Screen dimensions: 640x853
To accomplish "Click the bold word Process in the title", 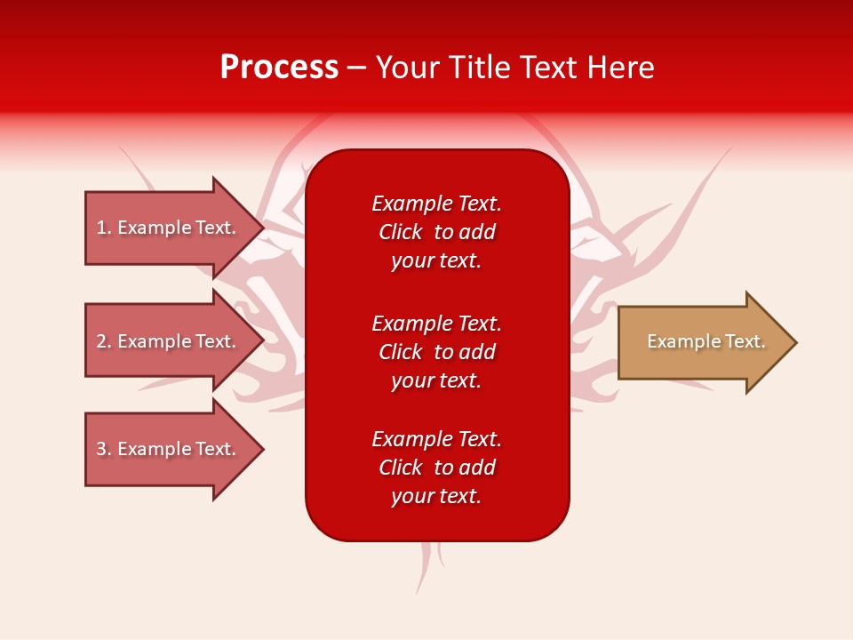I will tap(279, 68).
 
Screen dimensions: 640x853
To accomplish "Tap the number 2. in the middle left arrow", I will tap(104, 341).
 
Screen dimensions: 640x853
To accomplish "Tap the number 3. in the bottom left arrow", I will tap(104, 449).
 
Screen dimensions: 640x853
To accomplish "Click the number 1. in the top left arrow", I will tap(104, 228).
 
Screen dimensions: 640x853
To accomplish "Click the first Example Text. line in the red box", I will tap(436, 204).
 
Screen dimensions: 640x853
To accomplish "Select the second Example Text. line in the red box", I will tap(436, 323).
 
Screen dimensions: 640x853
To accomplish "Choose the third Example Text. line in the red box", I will tap(436, 439).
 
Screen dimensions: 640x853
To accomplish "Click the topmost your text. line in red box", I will tap(436, 260).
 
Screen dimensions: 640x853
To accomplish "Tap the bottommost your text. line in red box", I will tap(436, 496).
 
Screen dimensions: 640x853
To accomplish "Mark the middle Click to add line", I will tap(436, 352).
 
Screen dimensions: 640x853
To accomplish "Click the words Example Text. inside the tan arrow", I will tap(706, 341).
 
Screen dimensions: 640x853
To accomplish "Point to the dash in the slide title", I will tap(356, 68).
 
